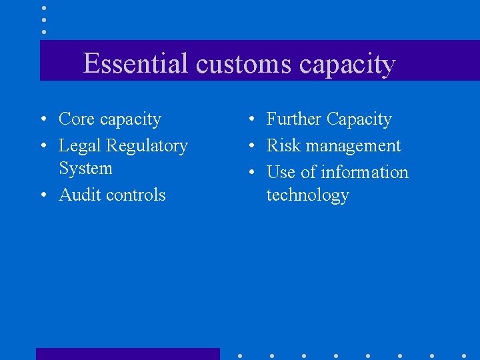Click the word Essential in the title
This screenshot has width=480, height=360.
point(137,64)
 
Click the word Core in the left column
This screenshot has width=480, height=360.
point(76,119)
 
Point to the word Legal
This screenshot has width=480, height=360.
point(80,146)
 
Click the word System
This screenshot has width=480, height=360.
point(85,169)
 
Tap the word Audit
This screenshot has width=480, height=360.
point(79,195)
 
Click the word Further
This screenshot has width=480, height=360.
point(293,119)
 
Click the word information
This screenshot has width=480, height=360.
point(364,172)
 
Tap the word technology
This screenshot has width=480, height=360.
point(307,195)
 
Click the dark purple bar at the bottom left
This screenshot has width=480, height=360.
point(127,353)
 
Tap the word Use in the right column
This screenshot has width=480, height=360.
point(281,172)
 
